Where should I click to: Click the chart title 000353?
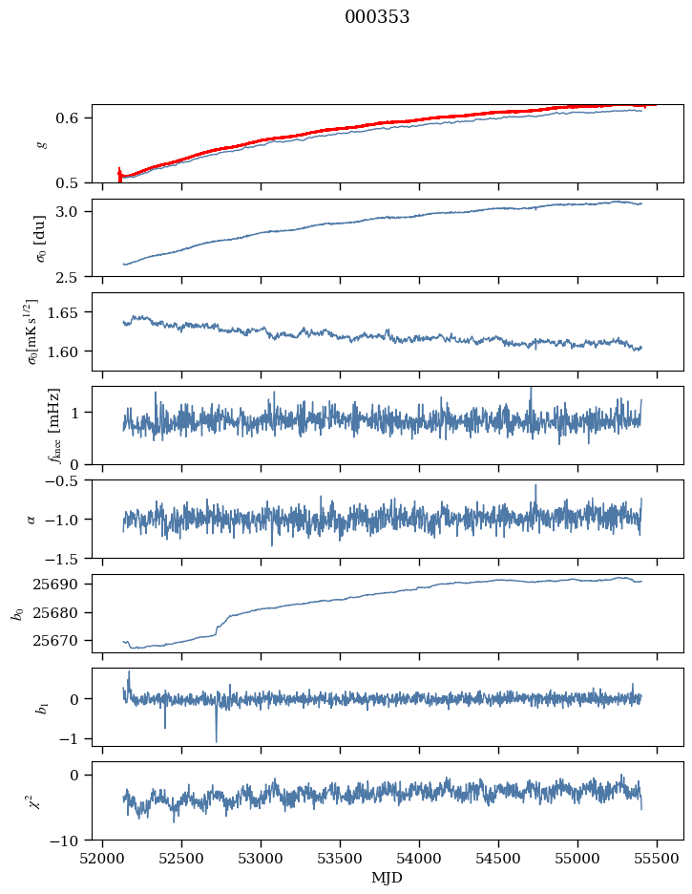click(377, 17)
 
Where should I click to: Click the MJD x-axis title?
click(388, 877)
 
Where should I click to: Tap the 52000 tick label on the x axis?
click(103, 857)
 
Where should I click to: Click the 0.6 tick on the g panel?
click(76, 118)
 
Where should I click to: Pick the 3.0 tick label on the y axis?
click(76, 211)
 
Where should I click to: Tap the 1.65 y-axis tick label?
click(73, 312)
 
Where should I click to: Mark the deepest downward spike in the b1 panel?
click(216, 741)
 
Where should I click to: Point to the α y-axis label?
click(31, 519)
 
